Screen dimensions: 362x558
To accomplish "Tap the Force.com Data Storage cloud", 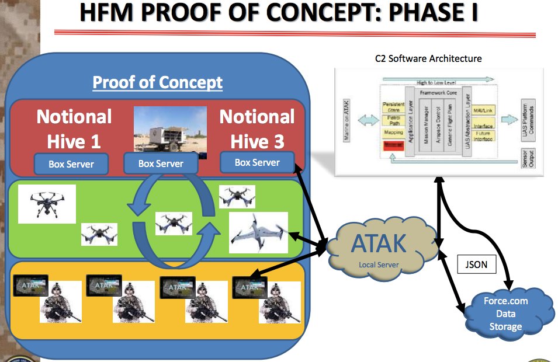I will click(x=505, y=313).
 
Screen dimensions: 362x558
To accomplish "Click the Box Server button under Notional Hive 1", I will click(x=71, y=164).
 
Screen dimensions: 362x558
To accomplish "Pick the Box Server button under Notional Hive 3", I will click(x=257, y=163).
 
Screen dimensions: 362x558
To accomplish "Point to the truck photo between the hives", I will click(x=171, y=131).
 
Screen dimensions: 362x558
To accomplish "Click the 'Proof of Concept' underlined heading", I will click(x=157, y=82).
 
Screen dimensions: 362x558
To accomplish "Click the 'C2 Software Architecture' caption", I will click(x=428, y=58).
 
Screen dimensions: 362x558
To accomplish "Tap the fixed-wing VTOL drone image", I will click(x=258, y=233).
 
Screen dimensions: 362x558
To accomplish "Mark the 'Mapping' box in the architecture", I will click(x=393, y=133).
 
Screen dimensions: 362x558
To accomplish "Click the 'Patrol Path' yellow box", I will click(x=394, y=120).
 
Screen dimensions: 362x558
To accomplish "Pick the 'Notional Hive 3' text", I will click(x=257, y=129).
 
